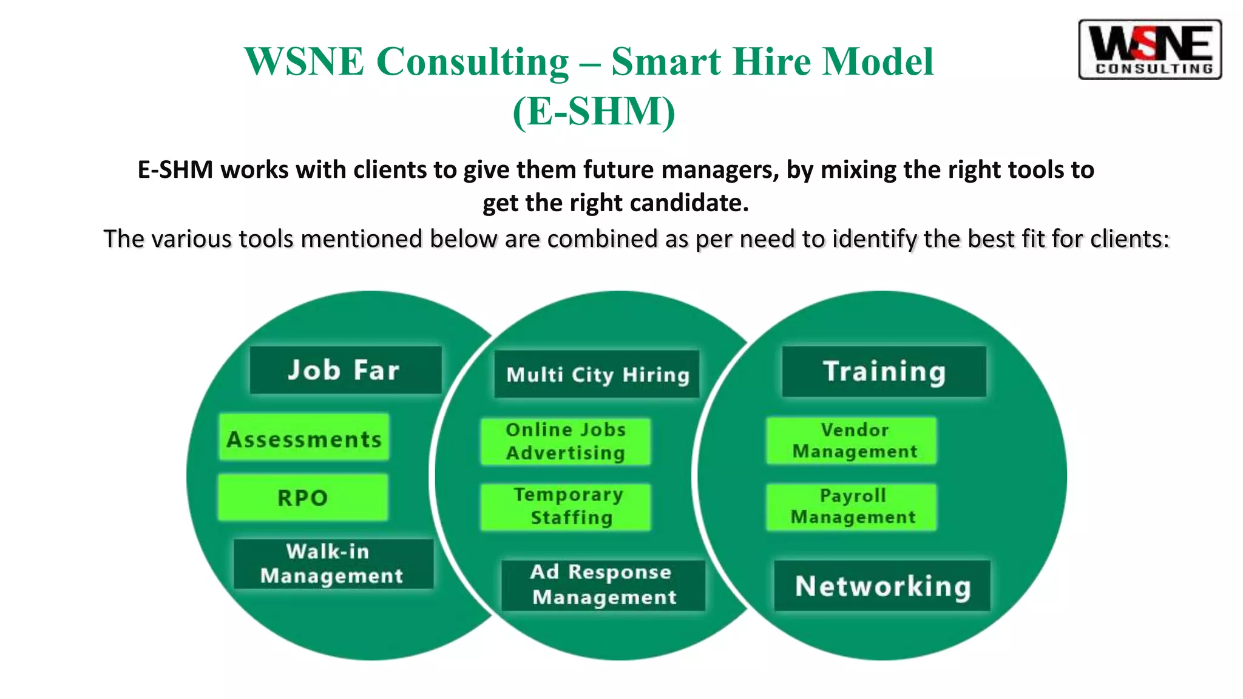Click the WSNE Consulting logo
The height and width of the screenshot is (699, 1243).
(x=1150, y=50)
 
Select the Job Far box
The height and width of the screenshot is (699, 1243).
(x=345, y=370)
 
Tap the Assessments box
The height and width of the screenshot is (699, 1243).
(x=304, y=437)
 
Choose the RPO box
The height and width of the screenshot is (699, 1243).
(x=303, y=498)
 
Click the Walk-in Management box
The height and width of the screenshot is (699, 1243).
(x=333, y=564)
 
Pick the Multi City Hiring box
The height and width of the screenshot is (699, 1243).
(x=597, y=374)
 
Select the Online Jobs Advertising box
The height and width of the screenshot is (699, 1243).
(x=566, y=442)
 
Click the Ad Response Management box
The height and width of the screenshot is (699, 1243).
(x=603, y=585)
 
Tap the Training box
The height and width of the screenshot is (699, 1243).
(x=884, y=371)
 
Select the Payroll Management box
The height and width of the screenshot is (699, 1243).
(x=852, y=507)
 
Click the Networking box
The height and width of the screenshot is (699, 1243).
(x=882, y=586)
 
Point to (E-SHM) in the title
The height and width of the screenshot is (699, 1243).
(x=594, y=112)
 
